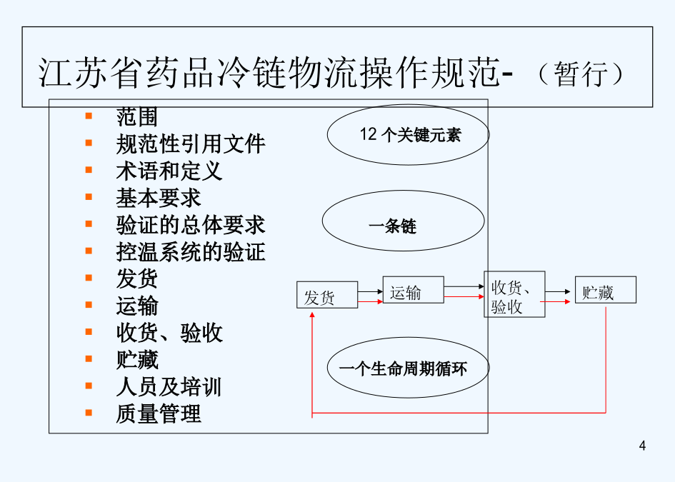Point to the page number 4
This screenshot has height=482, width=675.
tap(642, 446)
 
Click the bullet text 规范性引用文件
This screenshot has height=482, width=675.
tap(191, 144)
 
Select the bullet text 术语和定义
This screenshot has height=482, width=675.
tap(169, 171)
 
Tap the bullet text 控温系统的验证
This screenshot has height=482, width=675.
tap(191, 252)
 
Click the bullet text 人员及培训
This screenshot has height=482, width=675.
tap(169, 386)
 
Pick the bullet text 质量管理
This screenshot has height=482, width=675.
tap(159, 413)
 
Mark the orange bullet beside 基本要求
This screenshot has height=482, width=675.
tap(89, 196)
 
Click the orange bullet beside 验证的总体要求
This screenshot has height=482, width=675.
tap(89, 224)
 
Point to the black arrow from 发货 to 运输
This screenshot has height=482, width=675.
tap(370, 292)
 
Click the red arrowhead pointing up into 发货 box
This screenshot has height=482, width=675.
tap(312, 315)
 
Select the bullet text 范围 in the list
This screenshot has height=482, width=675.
tap(137, 116)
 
